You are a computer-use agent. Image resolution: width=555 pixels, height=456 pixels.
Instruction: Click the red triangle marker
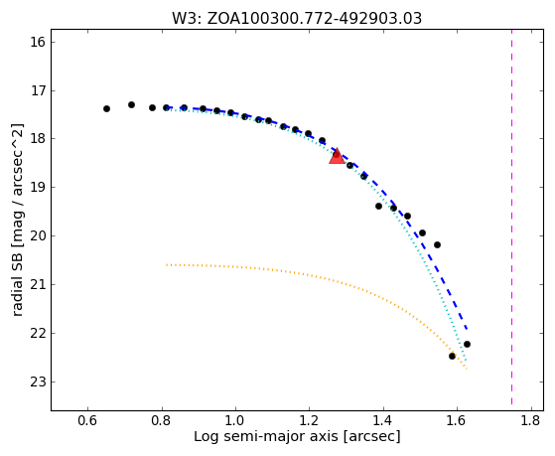click(x=337, y=156)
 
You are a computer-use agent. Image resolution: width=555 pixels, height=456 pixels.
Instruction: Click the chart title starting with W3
click(x=297, y=18)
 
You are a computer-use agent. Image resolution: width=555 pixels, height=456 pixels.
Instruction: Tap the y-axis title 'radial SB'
click(x=17, y=220)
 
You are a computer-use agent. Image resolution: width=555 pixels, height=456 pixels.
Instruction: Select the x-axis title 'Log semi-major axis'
click(x=297, y=436)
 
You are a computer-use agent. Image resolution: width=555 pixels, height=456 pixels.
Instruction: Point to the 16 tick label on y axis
click(x=36, y=42)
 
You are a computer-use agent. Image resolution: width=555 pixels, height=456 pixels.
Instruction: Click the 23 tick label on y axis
click(x=36, y=381)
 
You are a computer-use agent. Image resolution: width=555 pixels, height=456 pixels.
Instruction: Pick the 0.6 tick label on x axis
click(x=87, y=420)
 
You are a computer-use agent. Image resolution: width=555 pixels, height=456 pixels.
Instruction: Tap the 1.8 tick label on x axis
click(x=531, y=420)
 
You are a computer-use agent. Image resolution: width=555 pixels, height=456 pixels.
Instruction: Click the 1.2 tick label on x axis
click(x=310, y=420)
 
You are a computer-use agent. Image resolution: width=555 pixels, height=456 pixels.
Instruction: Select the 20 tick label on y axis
click(x=36, y=236)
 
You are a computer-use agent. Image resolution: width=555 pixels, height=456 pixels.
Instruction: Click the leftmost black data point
click(x=106, y=108)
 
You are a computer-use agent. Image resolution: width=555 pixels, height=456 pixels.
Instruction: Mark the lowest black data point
click(x=452, y=356)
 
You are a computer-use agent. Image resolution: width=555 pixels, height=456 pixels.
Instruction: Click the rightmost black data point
click(x=467, y=344)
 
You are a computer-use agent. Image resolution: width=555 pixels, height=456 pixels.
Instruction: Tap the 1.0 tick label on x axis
click(x=235, y=420)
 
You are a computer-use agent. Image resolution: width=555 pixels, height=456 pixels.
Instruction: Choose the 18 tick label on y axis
click(x=36, y=139)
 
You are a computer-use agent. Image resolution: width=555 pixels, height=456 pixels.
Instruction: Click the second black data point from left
click(x=131, y=104)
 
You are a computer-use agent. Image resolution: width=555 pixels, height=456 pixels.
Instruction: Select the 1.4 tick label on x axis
click(x=383, y=420)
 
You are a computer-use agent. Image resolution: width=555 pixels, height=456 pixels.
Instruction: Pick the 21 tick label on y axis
click(x=36, y=284)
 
